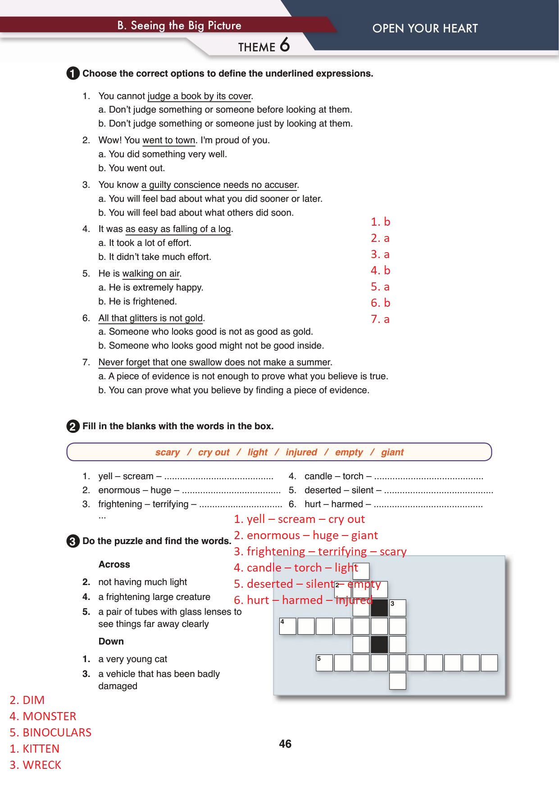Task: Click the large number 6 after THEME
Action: pos(285,45)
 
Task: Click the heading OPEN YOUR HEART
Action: pos(425,28)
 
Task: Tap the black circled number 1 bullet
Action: pos(73,73)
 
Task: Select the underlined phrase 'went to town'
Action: pos(169,141)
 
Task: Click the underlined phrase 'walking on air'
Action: pos(151,274)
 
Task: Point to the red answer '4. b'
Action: pos(380,270)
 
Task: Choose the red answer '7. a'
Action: pos(380,319)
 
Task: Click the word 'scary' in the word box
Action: pos(167,452)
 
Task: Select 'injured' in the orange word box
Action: pos(301,452)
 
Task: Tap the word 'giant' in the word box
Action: pos(392,452)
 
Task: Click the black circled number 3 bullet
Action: pos(73,541)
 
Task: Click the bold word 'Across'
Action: pos(114,564)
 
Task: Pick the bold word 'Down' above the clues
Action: pos(111,641)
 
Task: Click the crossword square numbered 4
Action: pos(288,626)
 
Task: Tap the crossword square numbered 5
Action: pos(324,663)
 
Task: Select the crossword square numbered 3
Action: pos(397,608)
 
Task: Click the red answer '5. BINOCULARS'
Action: pos(50,732)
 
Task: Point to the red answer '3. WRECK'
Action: pos(35,765)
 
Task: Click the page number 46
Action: pos(285,744)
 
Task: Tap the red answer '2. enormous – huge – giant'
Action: pos(306,535)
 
